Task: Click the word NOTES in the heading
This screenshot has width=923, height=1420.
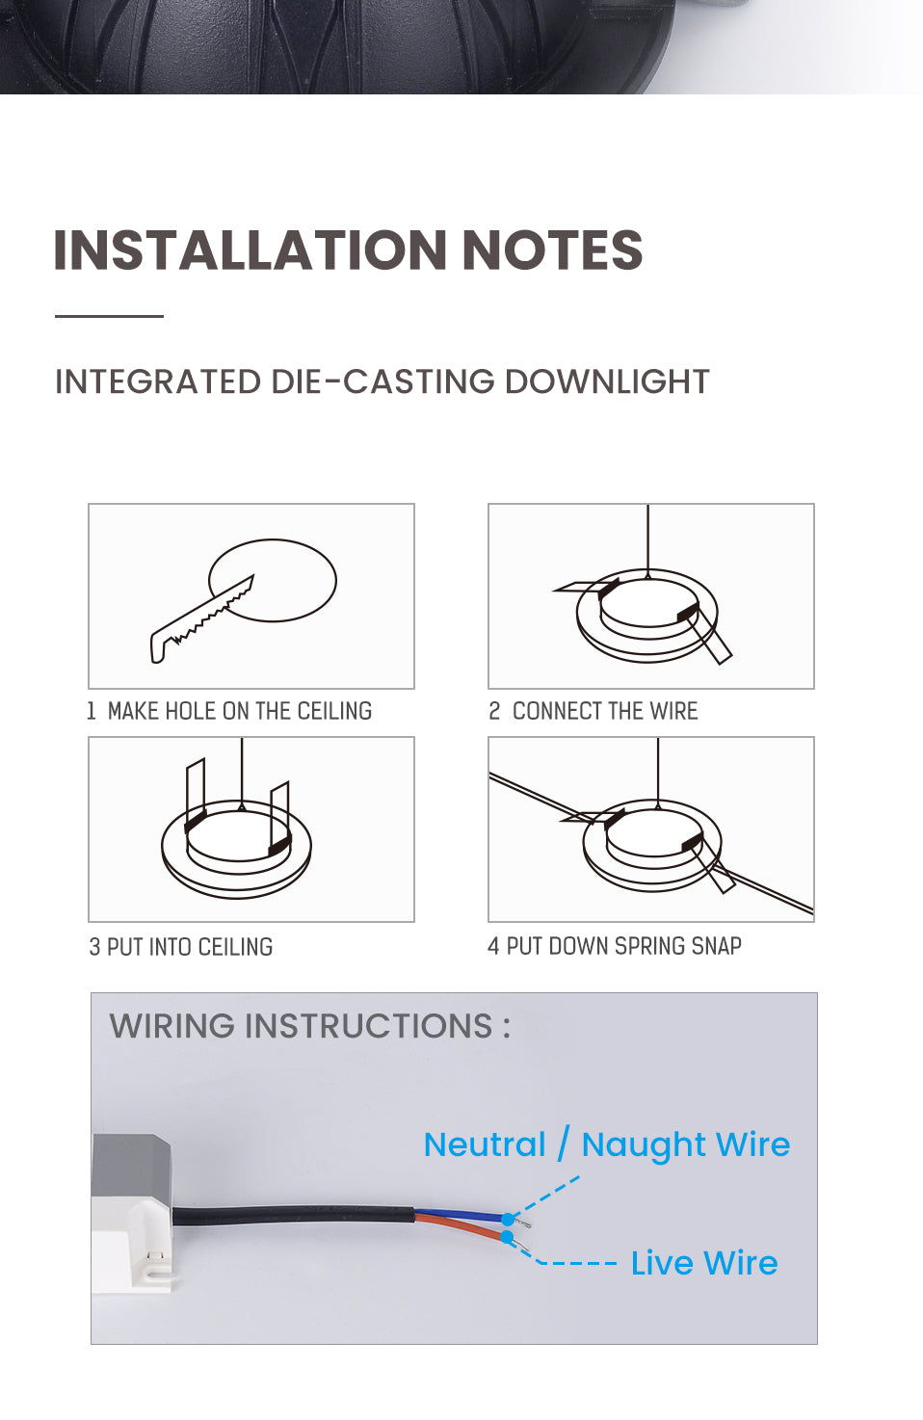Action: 552,250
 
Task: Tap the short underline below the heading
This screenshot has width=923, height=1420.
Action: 109,315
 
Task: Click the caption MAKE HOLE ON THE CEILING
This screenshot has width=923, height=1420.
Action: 239,711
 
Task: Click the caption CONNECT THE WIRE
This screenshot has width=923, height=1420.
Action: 604,711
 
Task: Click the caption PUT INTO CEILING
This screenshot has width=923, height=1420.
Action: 189,947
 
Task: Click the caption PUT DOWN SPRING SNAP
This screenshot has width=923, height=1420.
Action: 623,946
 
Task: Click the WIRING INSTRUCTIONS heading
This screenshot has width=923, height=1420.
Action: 309,1026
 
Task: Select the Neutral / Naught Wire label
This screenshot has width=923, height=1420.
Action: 607,1144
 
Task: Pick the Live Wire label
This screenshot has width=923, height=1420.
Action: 704,1263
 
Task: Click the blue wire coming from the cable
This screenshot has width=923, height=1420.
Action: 461,1216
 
